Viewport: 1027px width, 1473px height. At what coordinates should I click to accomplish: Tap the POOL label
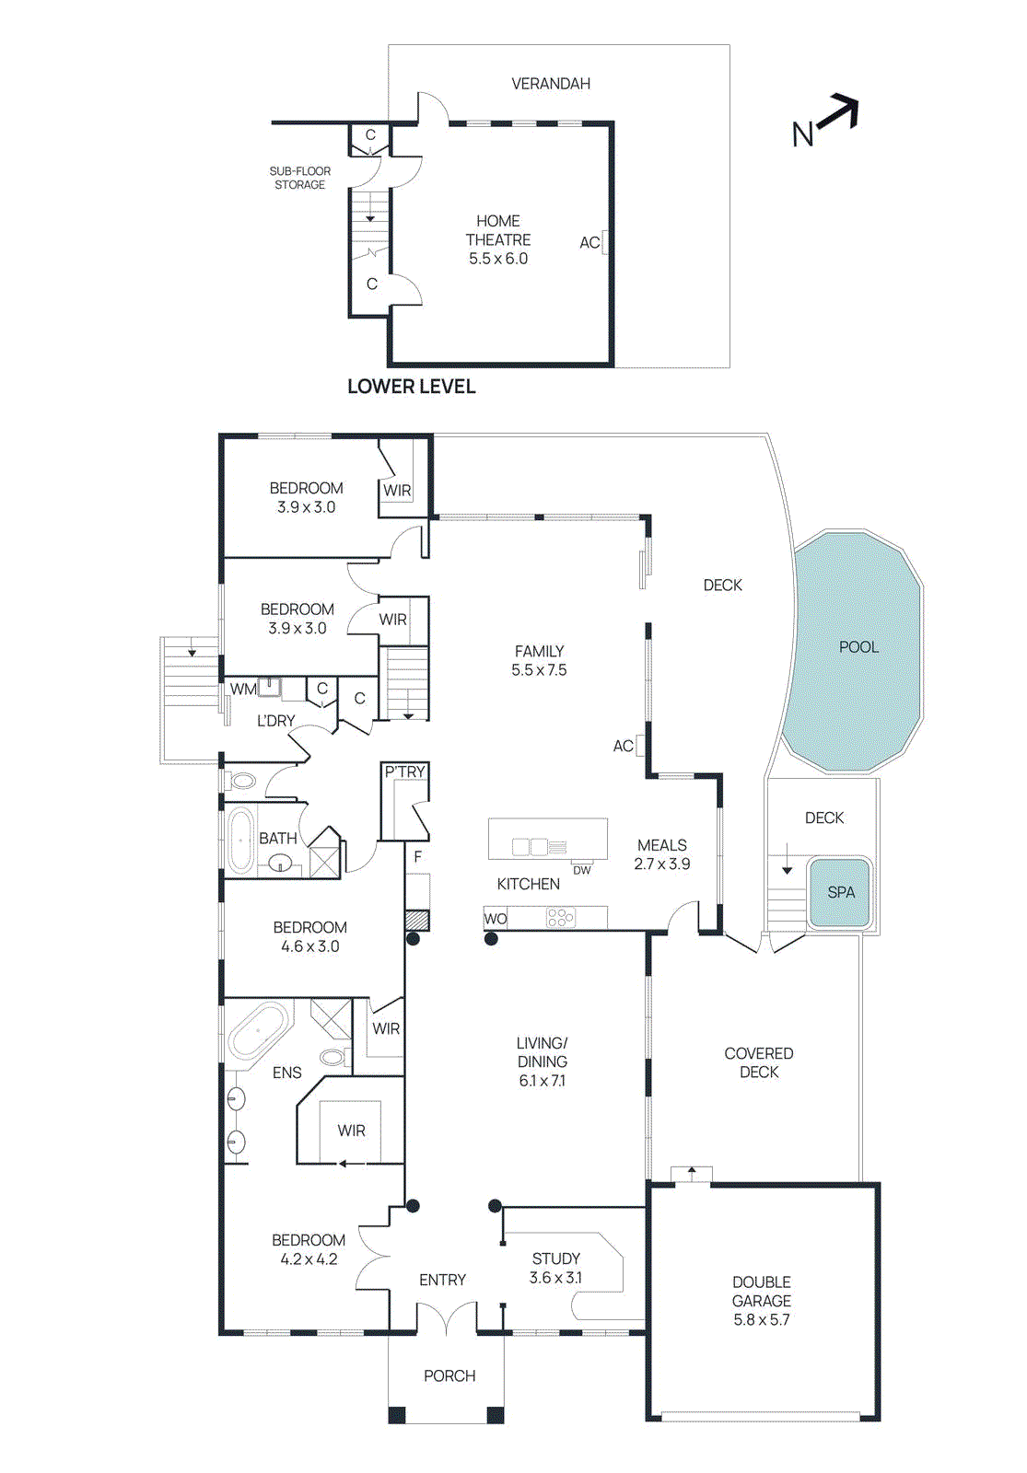pyautogui.click(x=858, y=647)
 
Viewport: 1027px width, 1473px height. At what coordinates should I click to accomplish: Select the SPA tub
pyautogui.click(x=840, y=892)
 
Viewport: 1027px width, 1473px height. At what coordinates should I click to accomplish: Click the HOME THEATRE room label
pyautogui.click(x=498, y=230)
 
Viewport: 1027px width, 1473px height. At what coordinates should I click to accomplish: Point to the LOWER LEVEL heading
pyautogui.click(x=411, y=387)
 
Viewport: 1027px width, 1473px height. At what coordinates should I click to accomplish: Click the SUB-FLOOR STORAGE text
pyautogui.click(x=299, y=178)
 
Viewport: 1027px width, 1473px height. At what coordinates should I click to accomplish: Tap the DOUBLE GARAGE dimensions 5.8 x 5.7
pyautogui.click(x=762, y=1319)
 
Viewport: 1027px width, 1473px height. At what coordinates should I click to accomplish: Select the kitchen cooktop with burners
pyautogui.click(x=560, y=917)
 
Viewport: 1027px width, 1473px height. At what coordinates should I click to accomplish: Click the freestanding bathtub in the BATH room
pyautogui.click(x=241, y=840)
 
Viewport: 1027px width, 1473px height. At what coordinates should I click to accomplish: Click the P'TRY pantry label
pyautogui.click(x=405, y=771)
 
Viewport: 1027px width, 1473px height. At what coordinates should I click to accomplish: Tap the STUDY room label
pyautogui.click(x=556, y=1258)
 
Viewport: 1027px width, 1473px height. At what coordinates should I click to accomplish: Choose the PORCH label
pyautogui.click(x=449, y=1375)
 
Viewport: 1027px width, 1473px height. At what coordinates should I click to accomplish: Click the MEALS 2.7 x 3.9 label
pyautogui.click(x=661, y=854)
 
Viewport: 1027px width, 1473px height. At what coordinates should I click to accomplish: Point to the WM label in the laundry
pyautogui.click(x=243, y=689)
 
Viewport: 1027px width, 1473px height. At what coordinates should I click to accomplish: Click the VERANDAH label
pyautogui.click(x=551, y=84)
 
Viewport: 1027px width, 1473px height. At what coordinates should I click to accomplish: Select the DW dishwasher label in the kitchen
pyautogui.click(x=582, y=870)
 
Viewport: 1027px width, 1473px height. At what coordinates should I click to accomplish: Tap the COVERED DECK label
pyautogui.click(x=759, y=1062)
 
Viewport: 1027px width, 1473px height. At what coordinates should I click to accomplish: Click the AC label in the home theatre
pyautogui.click(x=589, y=243)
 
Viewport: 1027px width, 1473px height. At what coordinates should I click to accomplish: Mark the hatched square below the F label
pyautogui.click(x=417, y=920)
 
